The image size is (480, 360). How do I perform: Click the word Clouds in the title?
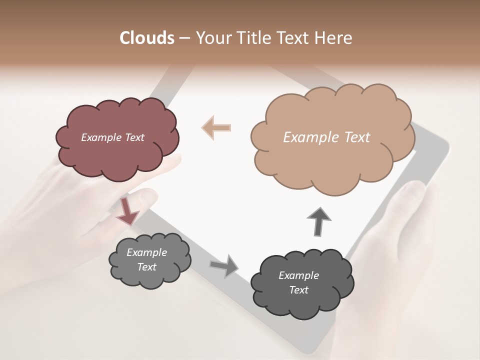click(x=146, y=38)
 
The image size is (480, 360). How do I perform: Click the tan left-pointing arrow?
click(x=216, y=128)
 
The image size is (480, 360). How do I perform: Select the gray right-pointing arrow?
click(x=224, y=265)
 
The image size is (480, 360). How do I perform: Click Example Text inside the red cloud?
click(x=112, y=137)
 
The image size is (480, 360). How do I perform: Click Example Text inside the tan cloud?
click(x=326, y=137)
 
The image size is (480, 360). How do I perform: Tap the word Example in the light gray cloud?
click(x=146, y=252)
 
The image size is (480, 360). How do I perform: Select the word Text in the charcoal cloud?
click(x=298, y=290)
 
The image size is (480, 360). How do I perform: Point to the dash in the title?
click(x=184, y=38)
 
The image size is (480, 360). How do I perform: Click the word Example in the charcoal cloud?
click(x=298, y=275)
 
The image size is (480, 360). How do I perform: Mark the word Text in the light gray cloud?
click(x=146, y=267)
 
